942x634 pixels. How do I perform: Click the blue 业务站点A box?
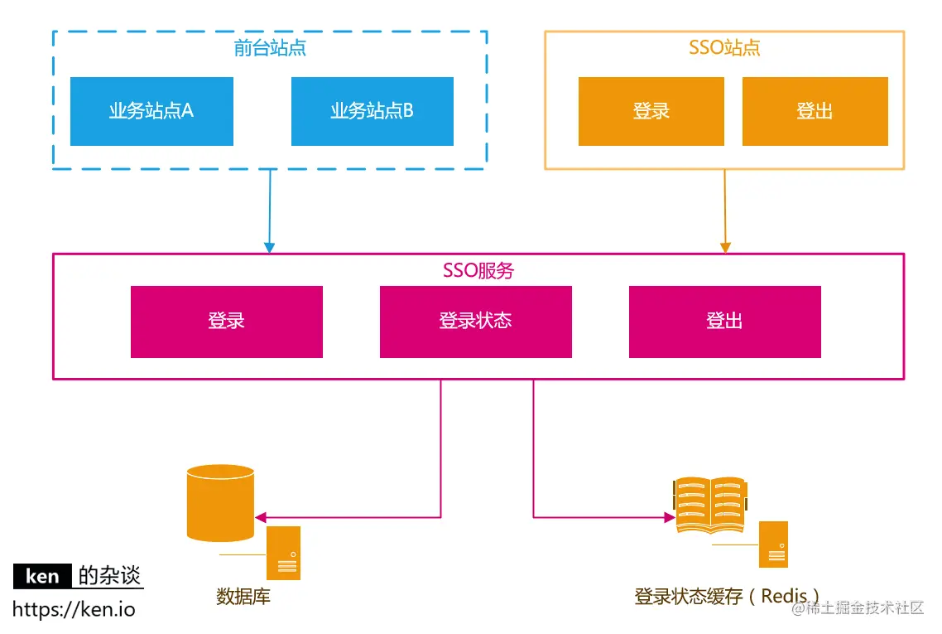(x=151, y=111)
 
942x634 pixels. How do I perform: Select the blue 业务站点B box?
(x=372, y=111)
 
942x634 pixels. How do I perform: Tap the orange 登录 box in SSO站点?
(x=651, y=111)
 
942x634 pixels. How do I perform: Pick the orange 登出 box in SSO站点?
(x=815, y=111)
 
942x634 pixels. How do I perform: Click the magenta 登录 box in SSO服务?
(x=226, y=322)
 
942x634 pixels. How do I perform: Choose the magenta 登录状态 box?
(x=475, y=322)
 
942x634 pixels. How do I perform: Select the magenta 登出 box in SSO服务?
(x=724, y=322)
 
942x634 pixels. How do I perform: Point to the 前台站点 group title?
(x=270, y=48)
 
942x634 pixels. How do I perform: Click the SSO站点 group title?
(x=724, y=47)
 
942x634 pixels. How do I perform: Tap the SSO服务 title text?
(x=478, y=270)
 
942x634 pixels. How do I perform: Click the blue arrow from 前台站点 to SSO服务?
(x=269, y=211)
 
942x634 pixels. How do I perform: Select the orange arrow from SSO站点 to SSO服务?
(x=725, y=211)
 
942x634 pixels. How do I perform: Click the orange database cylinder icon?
(x=220, y=502)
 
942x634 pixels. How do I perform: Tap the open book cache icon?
(x=709, y=503)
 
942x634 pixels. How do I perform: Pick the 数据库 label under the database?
(x=243, y=597)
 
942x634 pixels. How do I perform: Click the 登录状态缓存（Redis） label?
(x=728, y=596)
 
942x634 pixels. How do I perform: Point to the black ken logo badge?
(x=42, y=576)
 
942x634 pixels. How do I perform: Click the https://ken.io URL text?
(x=74, y=610)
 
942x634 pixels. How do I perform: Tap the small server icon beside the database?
(x=283, y=553)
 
